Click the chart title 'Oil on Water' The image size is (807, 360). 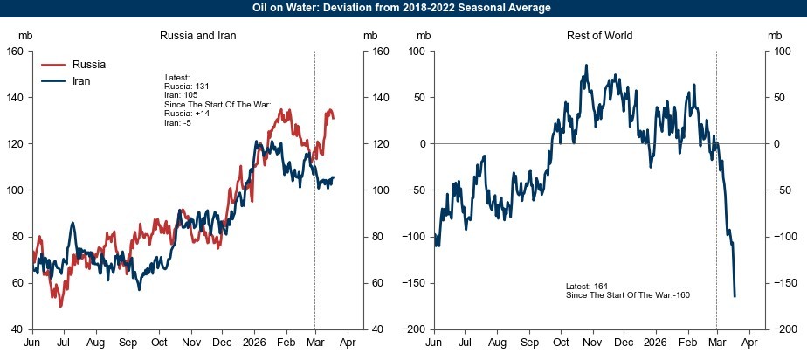(x=403, y=8)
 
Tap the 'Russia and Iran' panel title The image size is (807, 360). (x=198, y=36)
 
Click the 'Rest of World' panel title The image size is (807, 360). (x=598, y=36)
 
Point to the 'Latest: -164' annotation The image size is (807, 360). (x=587, y=286)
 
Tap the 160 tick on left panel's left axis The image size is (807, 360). (x=15, y=51)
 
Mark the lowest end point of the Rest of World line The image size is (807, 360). (x=735, y=296)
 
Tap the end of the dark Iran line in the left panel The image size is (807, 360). (x=333, y=178)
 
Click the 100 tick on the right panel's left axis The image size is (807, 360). (x=417, y=51)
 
